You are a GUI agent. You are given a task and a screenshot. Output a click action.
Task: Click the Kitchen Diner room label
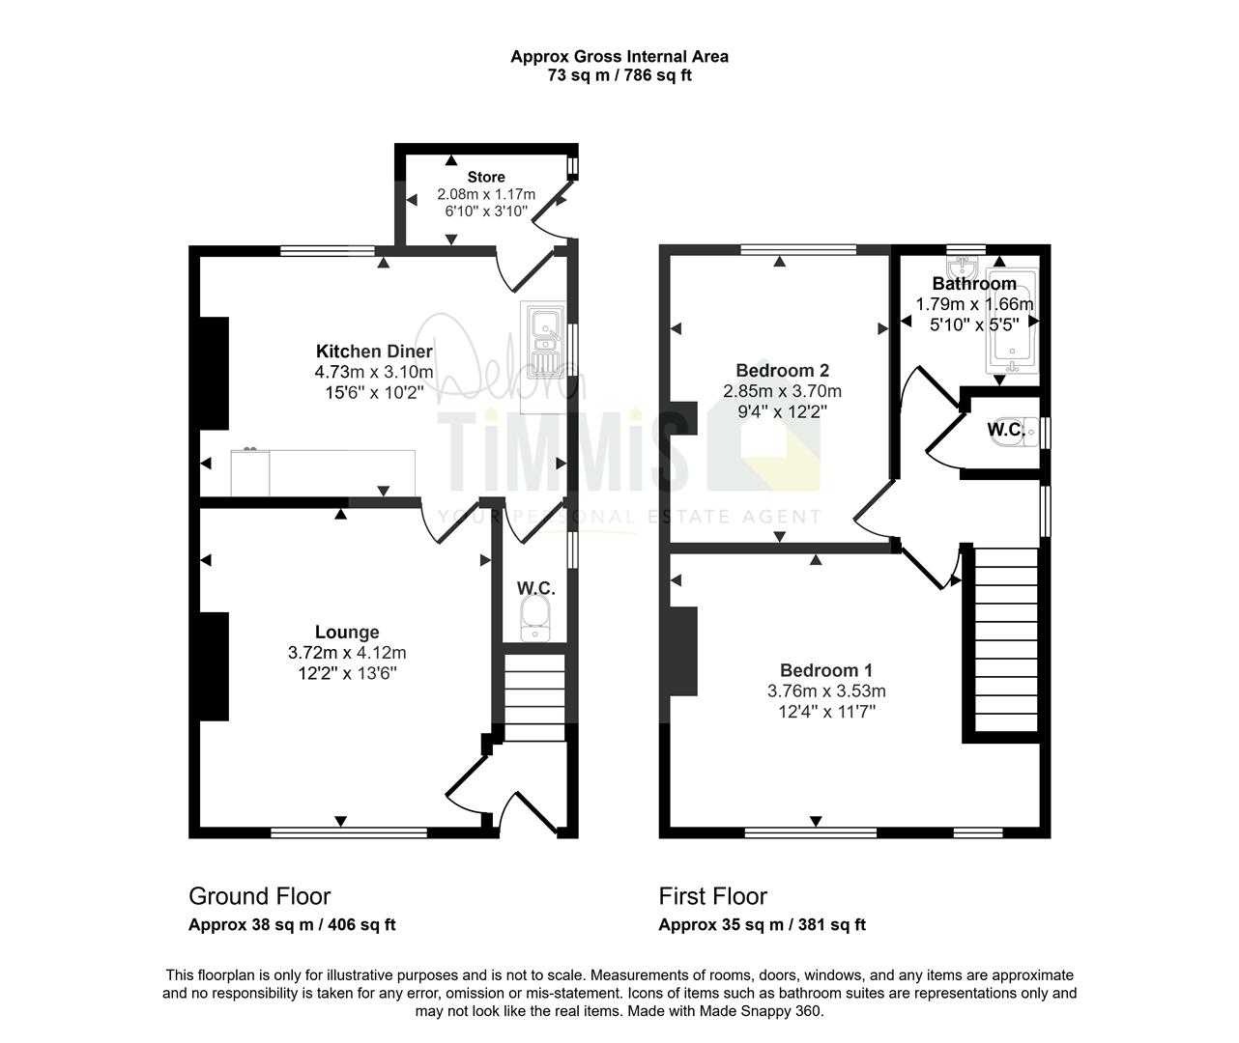(x=374, y=351)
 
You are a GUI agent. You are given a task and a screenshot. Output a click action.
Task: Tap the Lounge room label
(x=347, y=633)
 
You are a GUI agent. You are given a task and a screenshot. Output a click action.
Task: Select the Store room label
(x=486, y=177)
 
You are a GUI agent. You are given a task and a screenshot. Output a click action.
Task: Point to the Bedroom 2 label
(x=782, y=371)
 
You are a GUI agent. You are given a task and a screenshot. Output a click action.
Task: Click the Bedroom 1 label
(x=826, y=670)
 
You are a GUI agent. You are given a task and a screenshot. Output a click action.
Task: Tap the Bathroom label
(x=974, y=283)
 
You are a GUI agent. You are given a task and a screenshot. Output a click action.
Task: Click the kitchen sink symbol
(x=544, y=340)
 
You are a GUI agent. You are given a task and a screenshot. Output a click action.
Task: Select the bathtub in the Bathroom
(x=1011, y=322)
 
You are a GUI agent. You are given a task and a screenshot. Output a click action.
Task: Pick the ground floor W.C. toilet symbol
(x=534, y=617)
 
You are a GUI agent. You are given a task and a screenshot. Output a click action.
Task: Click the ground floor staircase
(x=534, y=697)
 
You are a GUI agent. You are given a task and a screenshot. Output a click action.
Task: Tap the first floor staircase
(x=1006, y=639)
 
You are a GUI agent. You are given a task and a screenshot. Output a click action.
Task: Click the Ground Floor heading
(x=259, y=896)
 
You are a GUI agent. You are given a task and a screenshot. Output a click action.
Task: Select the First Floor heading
(x=712, y=896)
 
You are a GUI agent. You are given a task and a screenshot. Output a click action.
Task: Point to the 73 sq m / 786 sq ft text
(x=619, y=76)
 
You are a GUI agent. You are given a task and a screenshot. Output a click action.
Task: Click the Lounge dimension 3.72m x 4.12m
(x=347, y=653)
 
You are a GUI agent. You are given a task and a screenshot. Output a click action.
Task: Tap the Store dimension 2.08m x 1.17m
(x=486, y=194)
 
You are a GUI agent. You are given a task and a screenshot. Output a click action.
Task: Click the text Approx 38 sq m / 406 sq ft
(x=292, y=925)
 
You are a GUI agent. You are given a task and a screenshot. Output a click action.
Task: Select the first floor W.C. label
(x=1006, y=430)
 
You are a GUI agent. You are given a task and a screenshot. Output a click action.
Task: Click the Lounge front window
(x=349, y=833)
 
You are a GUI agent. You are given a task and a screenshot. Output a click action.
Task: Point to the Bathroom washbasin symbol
(x=963, y=268)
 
